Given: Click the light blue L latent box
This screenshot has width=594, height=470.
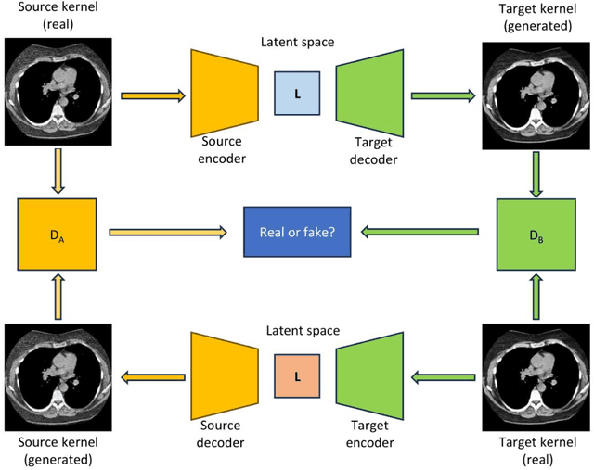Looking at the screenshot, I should click(x=296, y=94).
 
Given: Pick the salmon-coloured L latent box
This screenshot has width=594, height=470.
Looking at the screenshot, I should click(x=296, y=376).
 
